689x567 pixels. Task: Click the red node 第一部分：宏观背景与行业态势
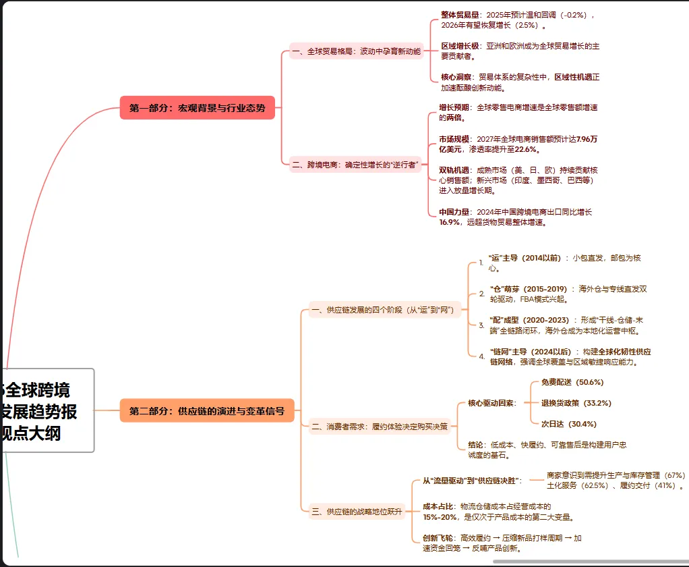[x=198, y=108]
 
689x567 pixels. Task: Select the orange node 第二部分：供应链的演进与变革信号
[x=207, y=410]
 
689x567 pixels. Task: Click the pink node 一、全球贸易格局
[x=355, y=51]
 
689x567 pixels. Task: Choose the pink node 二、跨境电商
[x=355, y=164]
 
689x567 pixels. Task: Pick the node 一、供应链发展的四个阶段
[x=384, y=310]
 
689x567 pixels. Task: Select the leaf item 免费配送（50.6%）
[x=572, y=382]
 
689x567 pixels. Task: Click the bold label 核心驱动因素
[x=491, y=403]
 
